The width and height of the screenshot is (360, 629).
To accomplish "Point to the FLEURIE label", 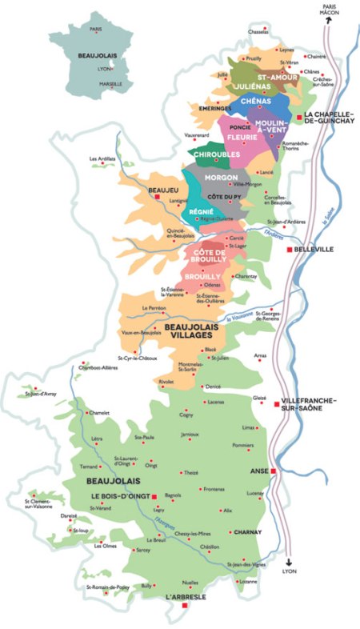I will (x=242, y=137).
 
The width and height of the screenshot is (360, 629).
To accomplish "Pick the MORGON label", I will (x=221, y=177).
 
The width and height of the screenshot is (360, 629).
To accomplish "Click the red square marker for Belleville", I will (x=290, y=250).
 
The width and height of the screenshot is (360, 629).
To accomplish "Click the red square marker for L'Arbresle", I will (x=185, y=606).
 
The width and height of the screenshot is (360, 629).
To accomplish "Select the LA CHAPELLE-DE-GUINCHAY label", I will (x=329, y=121).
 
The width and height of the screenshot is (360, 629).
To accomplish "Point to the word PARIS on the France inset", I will (x=97, y=30).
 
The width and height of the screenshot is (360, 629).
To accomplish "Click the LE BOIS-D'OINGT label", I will (x=118, y=496).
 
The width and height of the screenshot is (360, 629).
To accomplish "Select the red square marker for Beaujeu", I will (x=158, y=196).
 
